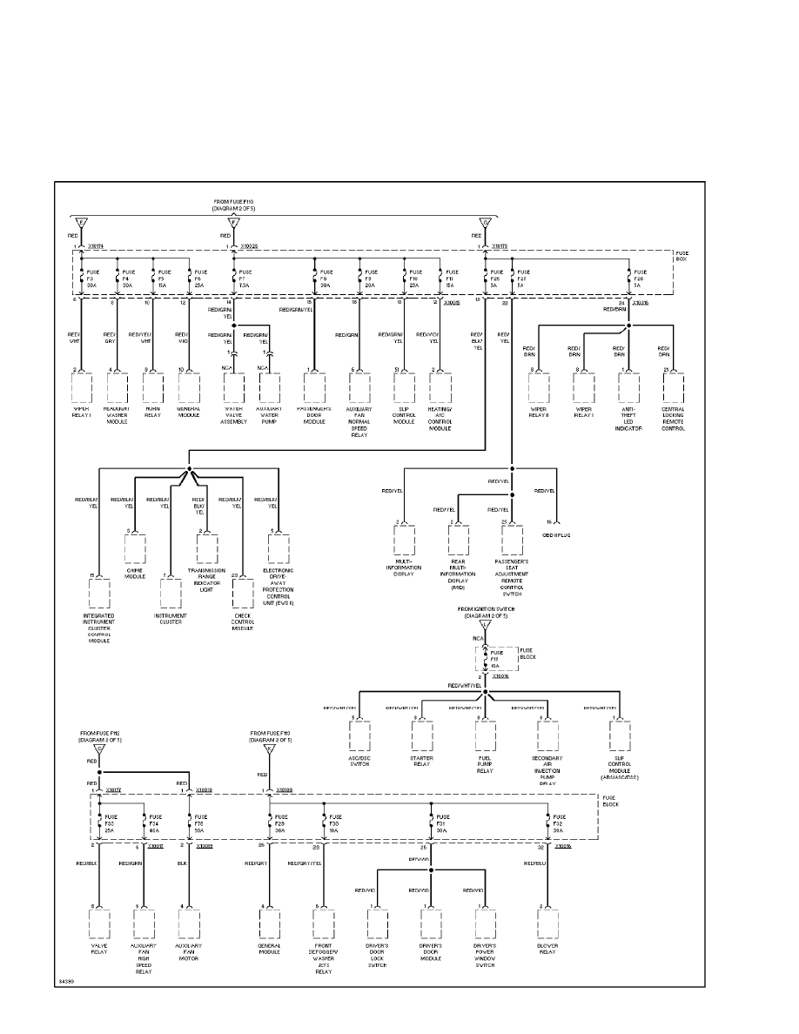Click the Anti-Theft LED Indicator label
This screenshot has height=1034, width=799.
(x=628, y=418)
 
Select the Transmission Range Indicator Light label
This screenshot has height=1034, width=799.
(x=206, y=578)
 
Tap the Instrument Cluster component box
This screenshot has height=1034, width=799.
(x=171, y=594)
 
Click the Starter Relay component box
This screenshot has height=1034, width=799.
(x=422, y=735)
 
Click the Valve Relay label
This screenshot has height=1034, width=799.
(x=99, y=949)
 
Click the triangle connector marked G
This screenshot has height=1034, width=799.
(x=484, y=222)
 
